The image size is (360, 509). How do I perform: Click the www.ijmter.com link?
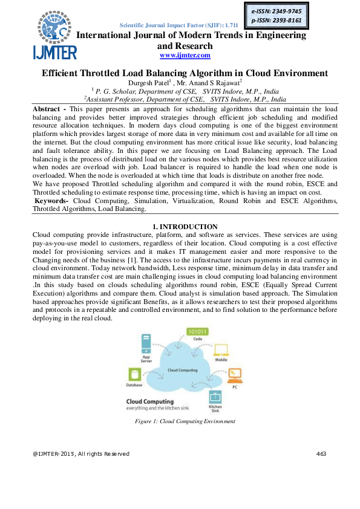[x=185, y=56]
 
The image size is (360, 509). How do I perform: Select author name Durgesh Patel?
[x=145, y=82]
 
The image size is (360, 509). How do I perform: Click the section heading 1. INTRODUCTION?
[x=185, y=226]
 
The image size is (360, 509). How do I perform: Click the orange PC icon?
[x=234, y=375]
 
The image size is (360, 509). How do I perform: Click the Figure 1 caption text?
[x=185, y=421]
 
